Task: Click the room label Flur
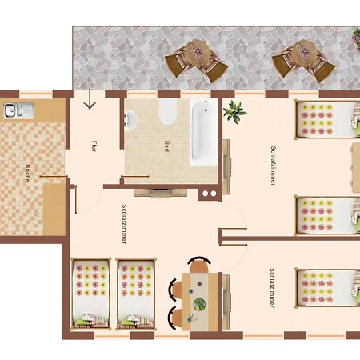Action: point(94,146)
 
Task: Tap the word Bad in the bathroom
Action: point(167,146)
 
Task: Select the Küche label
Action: point(28,174)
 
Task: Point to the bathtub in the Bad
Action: point(204,132)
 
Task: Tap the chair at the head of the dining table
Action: point(198,264)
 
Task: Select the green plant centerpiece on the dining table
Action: point(198,305)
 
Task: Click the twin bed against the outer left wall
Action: point(90,292)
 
